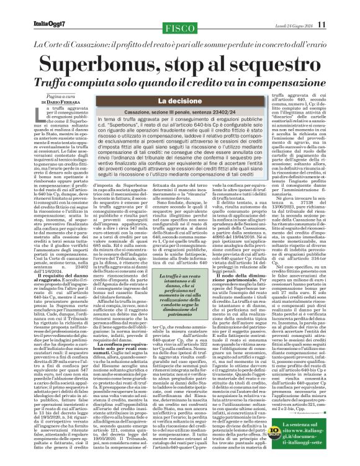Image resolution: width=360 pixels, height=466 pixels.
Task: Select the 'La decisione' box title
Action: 178,100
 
